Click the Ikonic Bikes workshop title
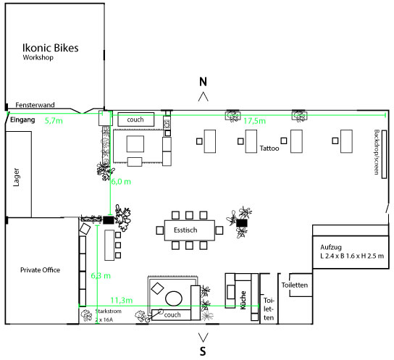click(51, 48)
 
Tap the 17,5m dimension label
click(254, 121)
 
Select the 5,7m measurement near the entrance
click(54, 121)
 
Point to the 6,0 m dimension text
click(121, 181)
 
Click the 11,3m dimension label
click(122, 300)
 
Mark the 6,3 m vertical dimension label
click(101, 276)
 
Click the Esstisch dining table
click(190, 230)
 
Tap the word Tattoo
click(269, 148)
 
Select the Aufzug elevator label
click(331, 247)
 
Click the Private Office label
click(41, 270)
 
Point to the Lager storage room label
click(16, 177)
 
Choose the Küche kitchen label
click(243, 300)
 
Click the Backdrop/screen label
click(377, 152)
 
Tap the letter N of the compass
click(203, 82)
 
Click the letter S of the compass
click(203, 351)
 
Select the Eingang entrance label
click(22, 120)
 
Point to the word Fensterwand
click(35, 105)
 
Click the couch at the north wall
click(136, 120)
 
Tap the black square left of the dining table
click(109, 219)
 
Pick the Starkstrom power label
click(109, 311)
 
